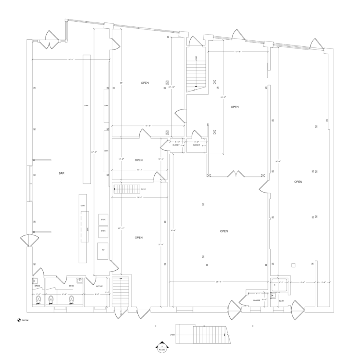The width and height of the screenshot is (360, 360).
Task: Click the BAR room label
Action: pos(61,173)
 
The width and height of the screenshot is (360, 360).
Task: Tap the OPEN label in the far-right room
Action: pos(298,182)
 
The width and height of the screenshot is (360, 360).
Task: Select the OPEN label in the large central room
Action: pos(224,231)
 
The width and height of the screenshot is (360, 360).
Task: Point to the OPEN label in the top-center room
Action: pos(145,83)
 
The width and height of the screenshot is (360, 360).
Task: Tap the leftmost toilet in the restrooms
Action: pos(38,299)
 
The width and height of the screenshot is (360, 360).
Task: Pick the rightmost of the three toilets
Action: pos(71,300)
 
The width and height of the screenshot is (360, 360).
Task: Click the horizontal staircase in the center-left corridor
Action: pos(127,189)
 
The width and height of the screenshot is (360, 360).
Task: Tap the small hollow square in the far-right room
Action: pos(294,265)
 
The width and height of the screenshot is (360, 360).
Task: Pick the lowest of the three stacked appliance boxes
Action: pos(103,251)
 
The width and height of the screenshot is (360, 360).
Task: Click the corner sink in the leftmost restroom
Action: pos(36,281)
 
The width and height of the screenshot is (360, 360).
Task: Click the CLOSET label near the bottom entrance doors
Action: pos(257,300)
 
